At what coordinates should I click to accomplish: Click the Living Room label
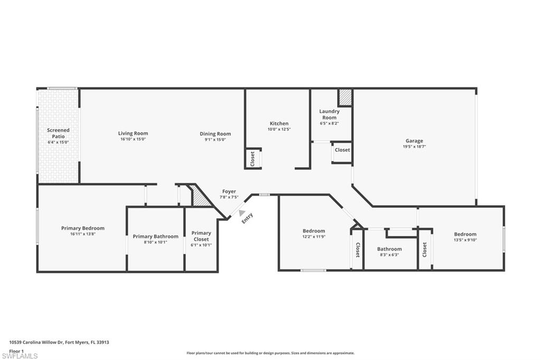point(133,134)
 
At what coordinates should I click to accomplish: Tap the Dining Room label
point(215,134)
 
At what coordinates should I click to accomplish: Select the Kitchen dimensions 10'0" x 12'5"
point(279,129)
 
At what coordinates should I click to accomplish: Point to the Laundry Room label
point(329,114)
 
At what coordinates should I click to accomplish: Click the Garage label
point(414,141)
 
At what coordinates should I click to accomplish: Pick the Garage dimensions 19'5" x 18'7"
point(414,147)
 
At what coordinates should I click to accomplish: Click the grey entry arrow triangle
point(242,213)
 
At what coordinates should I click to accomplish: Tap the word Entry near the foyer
point(248,218)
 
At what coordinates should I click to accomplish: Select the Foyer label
point(229,192)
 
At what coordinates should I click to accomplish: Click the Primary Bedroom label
point(82,228)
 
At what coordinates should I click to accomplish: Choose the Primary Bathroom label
point(155,236)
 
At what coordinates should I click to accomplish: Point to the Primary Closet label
point(201,236)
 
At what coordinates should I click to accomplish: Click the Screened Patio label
point(58,133)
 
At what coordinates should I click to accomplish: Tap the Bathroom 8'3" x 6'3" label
point(389,249)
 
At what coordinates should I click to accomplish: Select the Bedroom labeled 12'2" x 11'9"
point(314,231)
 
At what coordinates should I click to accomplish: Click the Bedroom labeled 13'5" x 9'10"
point(465,234)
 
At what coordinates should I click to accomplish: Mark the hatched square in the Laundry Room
point(345,97)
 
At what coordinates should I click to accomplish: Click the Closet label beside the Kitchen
point(253,158)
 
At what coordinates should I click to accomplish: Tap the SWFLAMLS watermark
point(20,356)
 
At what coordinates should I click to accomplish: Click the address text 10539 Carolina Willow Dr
point(37,342)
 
